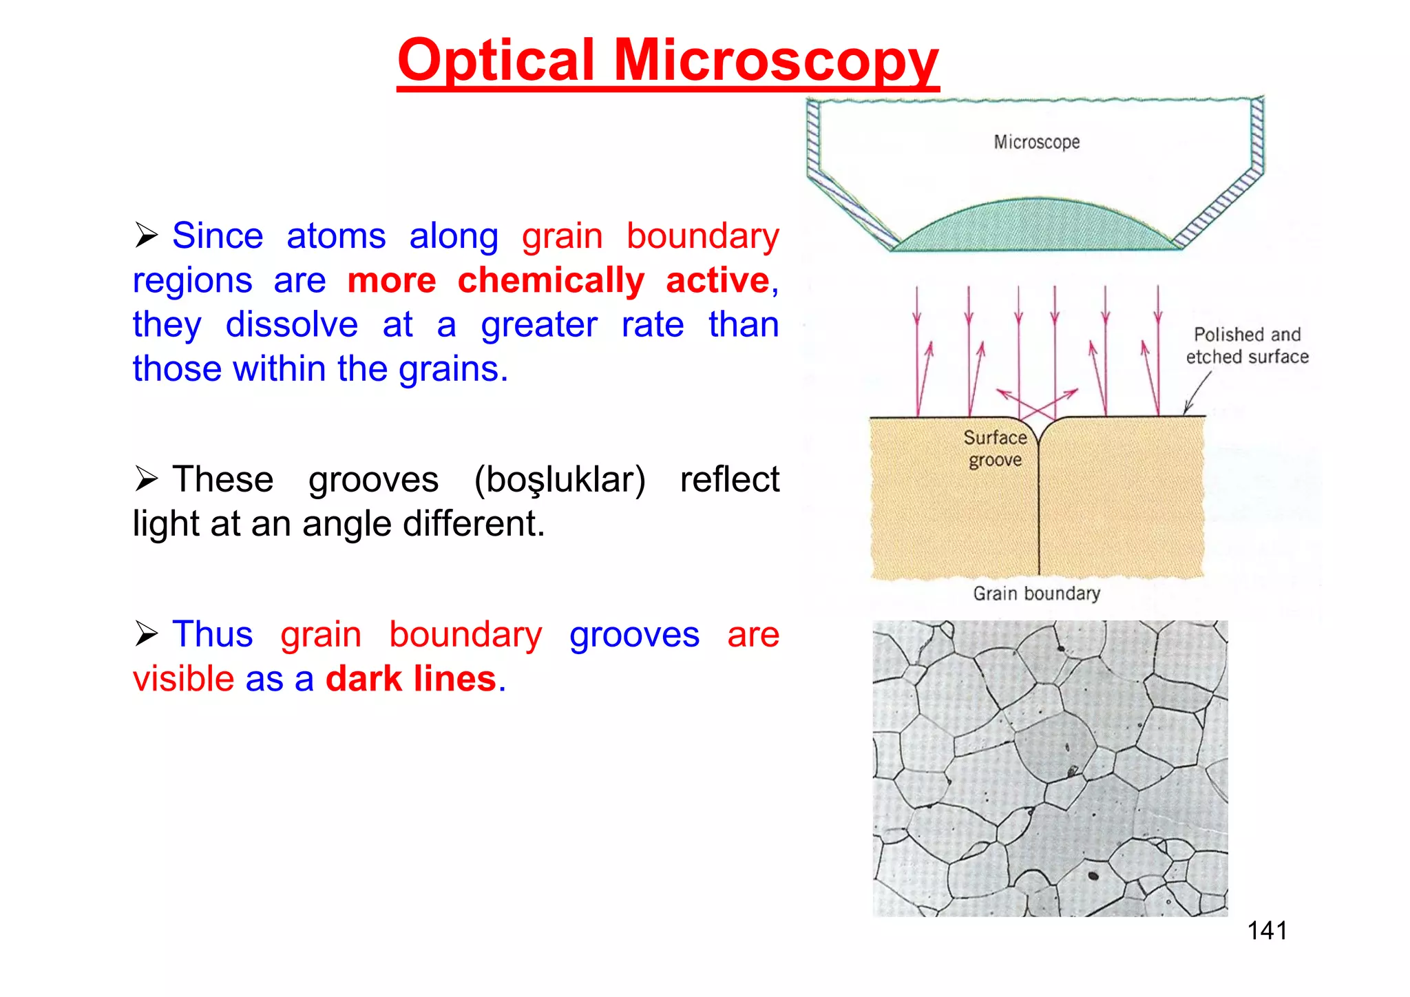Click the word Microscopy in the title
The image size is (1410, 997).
tap(776, 61)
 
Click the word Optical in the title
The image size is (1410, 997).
tap(496, 61)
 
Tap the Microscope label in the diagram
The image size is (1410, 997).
tap(1036, 142)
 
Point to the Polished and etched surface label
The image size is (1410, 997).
tap(1247, 346)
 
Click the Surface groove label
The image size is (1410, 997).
tap(995, 448)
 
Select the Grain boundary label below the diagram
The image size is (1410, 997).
tap(1036, 594)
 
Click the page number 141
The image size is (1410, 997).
tap(1267, 931)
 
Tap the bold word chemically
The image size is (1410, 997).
tap(551, 280)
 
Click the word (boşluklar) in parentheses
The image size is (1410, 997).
tap(560, 479)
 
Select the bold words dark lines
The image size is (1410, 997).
tap(411, 679)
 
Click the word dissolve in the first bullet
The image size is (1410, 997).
tap(292, 324)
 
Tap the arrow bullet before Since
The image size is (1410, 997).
tap(147, 235)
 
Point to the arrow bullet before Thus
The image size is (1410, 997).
tap(147, 633)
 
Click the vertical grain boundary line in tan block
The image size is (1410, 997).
tap(1039, 510)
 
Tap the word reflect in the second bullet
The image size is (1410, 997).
tap(729, 479)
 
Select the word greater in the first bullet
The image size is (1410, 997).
tap(539, 324)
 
